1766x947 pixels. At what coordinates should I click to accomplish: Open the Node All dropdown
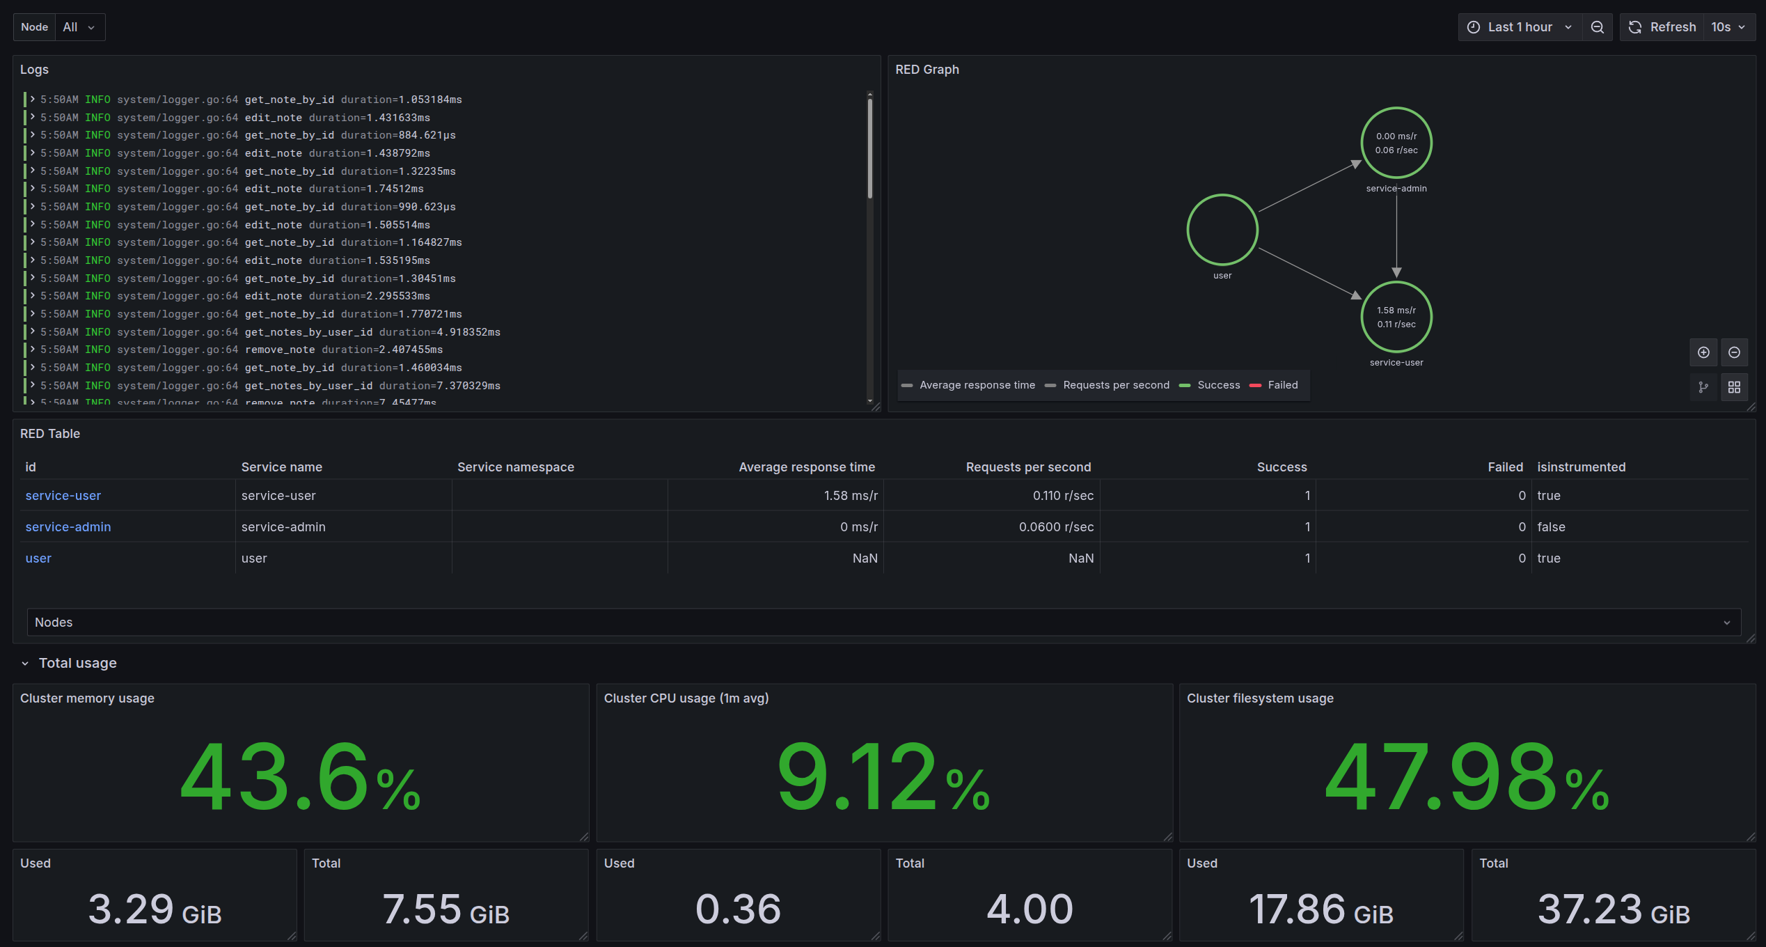79,27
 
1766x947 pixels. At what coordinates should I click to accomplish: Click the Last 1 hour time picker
1520,27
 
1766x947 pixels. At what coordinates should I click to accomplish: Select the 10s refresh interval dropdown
1728,27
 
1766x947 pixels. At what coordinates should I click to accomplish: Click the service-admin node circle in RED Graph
1396,143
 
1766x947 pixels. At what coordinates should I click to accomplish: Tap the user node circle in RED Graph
1222,230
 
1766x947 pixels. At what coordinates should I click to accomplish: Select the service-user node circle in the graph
1396,317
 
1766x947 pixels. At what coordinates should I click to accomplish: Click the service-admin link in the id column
68,527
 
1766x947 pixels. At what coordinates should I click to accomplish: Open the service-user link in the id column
63,496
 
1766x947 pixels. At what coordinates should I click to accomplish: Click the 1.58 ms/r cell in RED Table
850,496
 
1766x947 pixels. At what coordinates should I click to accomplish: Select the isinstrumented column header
1581,467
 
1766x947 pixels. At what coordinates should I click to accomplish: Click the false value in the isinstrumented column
1551,527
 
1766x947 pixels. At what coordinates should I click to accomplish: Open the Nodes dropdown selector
883,623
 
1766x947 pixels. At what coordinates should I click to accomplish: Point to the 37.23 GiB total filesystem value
1613,909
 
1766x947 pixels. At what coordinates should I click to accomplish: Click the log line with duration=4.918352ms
372,332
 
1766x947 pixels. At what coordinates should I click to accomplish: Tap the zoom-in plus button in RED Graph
1703,352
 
